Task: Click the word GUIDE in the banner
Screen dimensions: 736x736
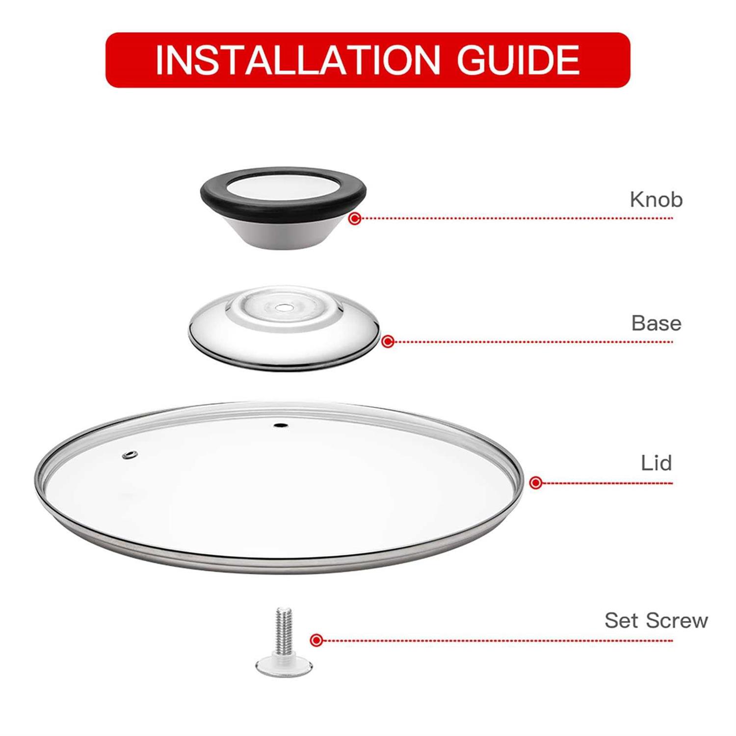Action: (518, 60)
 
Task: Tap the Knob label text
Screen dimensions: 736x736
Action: (656, 200)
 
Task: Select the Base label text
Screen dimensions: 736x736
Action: (656, 323)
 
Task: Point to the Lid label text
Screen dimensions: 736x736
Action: (656, 463)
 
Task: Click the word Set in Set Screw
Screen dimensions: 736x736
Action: (621, 621)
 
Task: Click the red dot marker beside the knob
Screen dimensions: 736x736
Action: (355, 218)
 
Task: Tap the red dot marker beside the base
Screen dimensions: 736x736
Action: (388, 342)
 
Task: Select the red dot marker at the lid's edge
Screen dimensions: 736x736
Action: (536, 483)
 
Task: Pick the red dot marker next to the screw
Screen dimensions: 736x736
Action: (317, 640)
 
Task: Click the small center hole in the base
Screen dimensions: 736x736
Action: (283, 308)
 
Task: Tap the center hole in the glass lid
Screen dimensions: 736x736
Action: (281, 426)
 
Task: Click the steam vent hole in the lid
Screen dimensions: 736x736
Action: (130, 455)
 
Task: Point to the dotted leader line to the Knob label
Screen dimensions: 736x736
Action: (515, 218)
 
